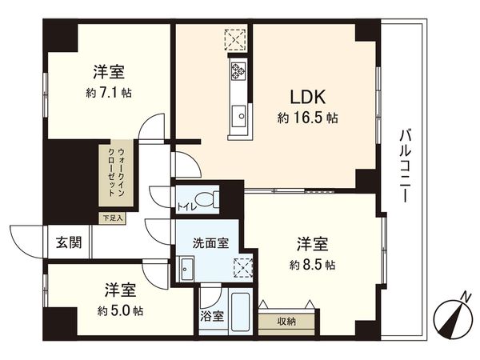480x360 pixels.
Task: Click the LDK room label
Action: coord(306,98)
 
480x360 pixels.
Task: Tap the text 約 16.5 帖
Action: coord(307,118)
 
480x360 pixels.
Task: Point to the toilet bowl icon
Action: coord(207,198)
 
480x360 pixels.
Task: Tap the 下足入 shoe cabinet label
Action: coord(111,217)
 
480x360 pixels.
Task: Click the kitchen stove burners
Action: coord(238,70)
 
